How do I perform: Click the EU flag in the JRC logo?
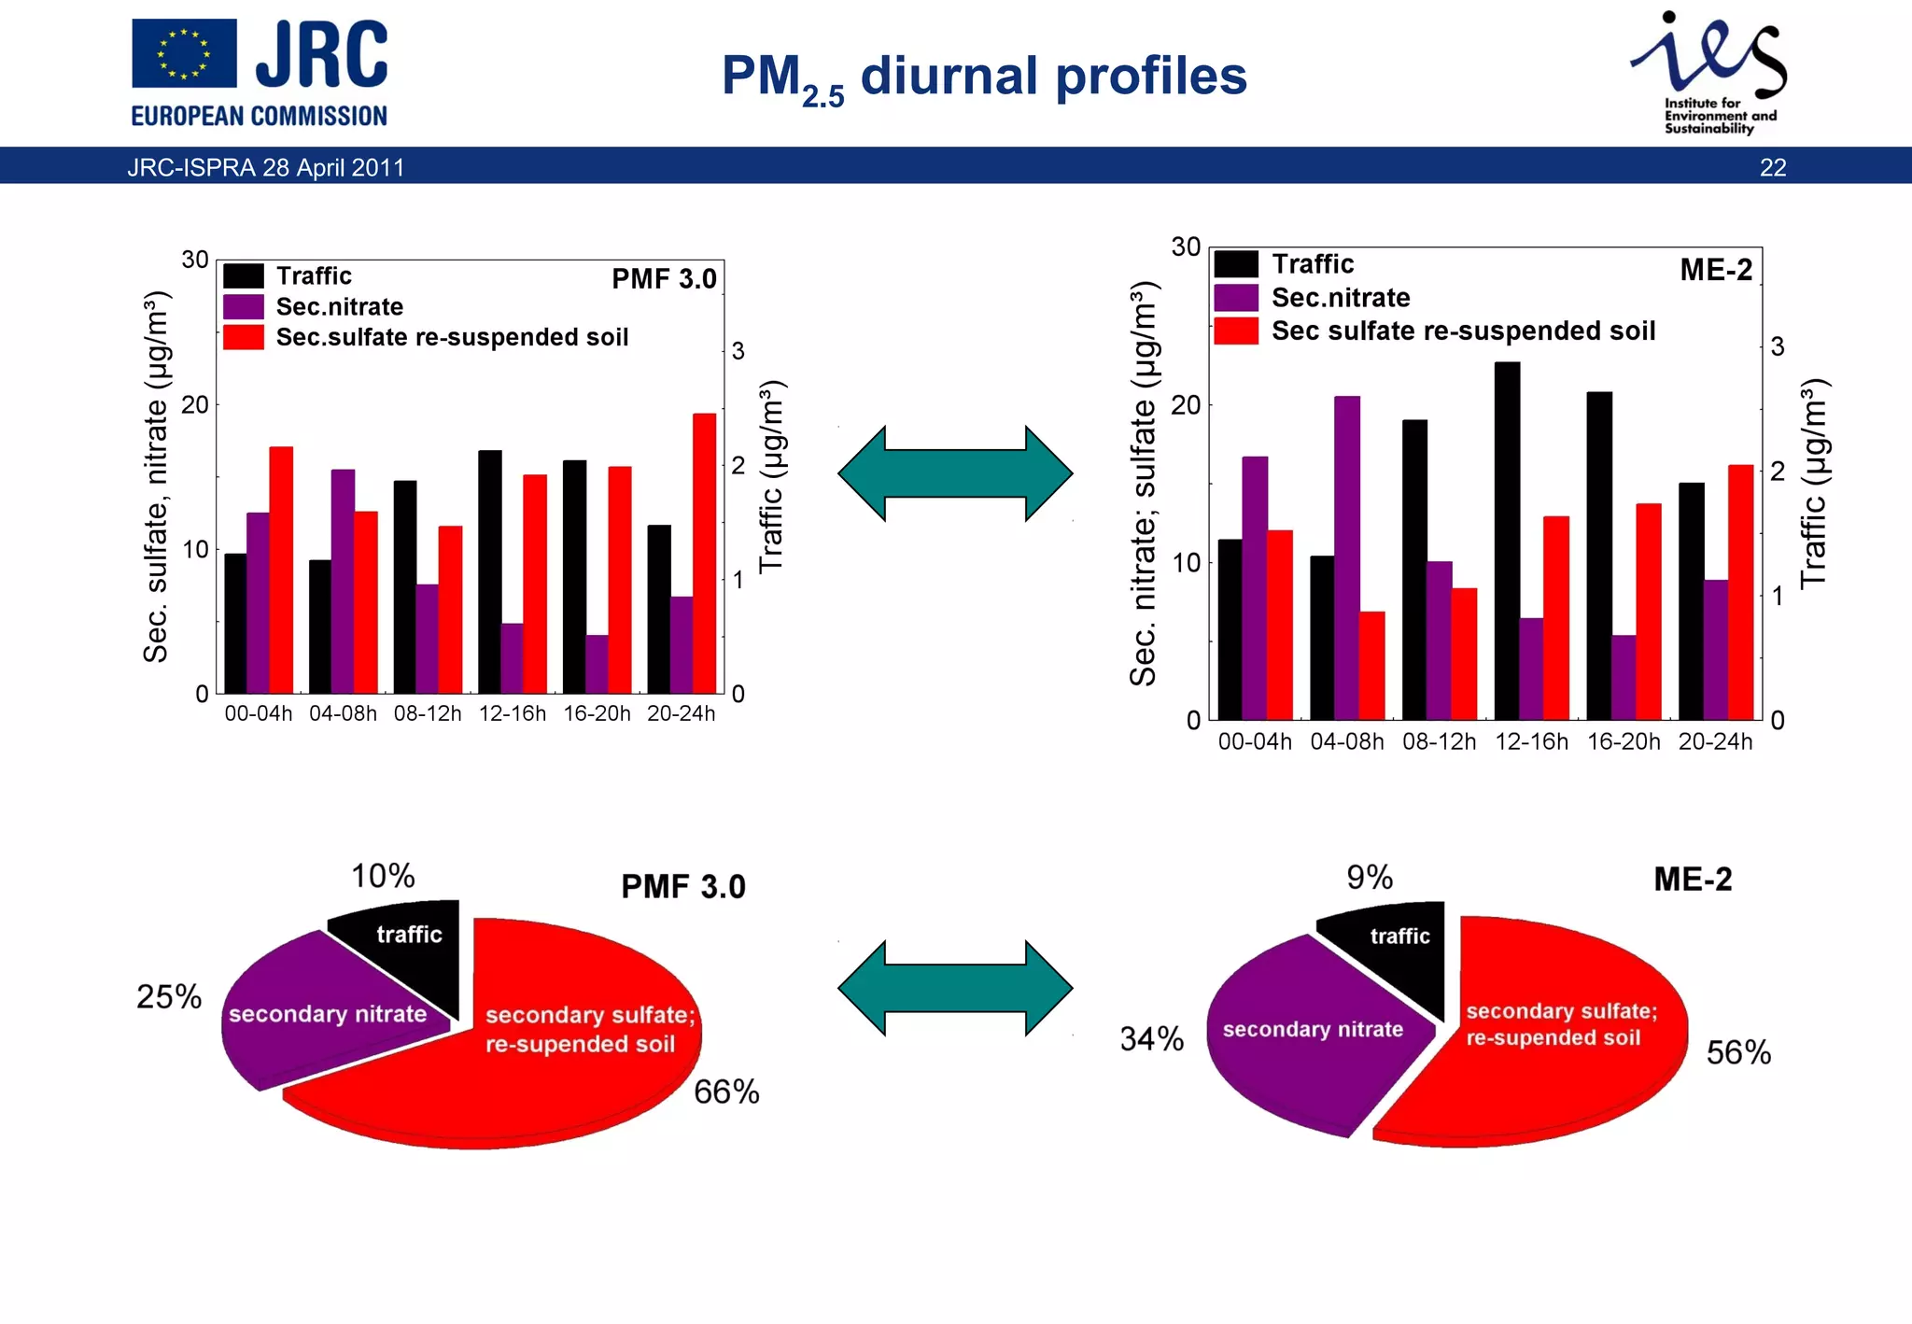point(184,54)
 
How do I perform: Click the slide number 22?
point(1772,167)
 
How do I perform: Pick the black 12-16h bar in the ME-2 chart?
point(1506,541)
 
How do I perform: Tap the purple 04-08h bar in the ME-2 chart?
point(1346,557)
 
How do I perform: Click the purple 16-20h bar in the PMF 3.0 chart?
point(597,664)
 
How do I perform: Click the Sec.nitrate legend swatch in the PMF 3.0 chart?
point(243,306)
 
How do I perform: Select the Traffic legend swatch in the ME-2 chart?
point(1236,264)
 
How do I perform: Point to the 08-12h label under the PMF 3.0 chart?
point(428,713)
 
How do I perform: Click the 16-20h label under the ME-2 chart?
point(1623,741)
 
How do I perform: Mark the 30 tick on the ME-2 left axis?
point(1185,247)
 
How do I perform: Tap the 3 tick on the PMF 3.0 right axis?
point(738,351)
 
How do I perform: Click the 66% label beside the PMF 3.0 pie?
point(726,1092)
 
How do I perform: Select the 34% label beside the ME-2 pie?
point(1151,1038)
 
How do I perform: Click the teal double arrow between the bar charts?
point(955,473)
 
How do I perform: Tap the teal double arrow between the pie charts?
point(955,988)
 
